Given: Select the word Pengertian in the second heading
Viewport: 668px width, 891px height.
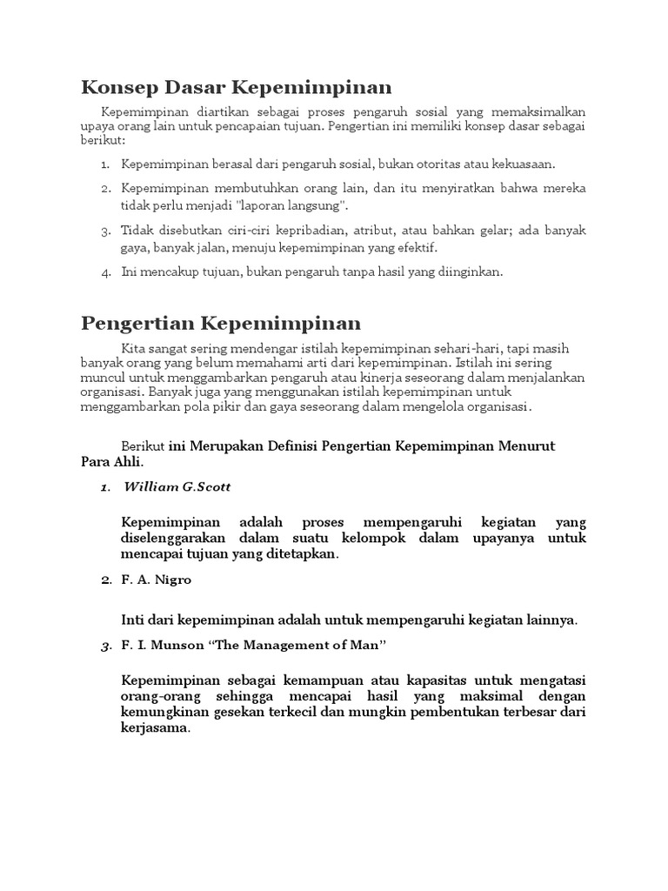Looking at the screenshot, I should [x=137, y=324].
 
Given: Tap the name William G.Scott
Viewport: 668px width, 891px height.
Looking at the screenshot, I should [x=177, y=487].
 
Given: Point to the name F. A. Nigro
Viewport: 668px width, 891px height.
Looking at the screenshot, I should [x=157, y=579].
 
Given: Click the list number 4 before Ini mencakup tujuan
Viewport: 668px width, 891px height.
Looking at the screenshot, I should [x=104, y=272].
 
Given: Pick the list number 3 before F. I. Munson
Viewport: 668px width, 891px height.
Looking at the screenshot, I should [x=104, y=646].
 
